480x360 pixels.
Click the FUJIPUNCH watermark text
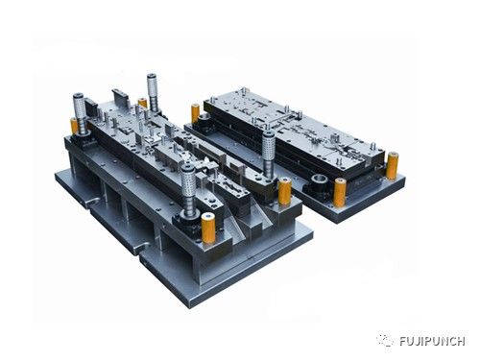point(432,341)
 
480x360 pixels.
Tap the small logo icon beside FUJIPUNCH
point(385,340)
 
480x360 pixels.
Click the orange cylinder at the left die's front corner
point(208,228)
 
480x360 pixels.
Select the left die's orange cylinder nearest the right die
point(284,191)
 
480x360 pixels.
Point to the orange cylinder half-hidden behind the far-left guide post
point(74,126)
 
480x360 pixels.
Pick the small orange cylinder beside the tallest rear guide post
point(142,103)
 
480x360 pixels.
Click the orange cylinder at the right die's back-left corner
point(195,114)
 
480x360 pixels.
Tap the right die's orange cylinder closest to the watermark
point(392,166)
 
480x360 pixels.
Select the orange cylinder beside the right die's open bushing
point(340,193)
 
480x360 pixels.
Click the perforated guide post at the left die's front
point(188,188)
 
